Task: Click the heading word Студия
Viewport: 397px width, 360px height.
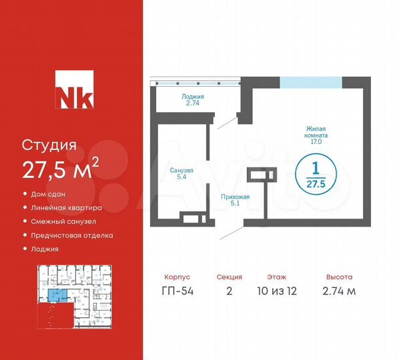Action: click(x=50, y=145)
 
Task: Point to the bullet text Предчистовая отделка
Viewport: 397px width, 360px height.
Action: click(x=72, y=235)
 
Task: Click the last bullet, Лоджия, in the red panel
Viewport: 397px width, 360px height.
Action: click(x=45, y=249)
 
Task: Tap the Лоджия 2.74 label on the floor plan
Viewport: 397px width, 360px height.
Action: click(x=192, y=101)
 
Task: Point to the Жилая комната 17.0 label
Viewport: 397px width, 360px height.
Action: click(x=316, y=136)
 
